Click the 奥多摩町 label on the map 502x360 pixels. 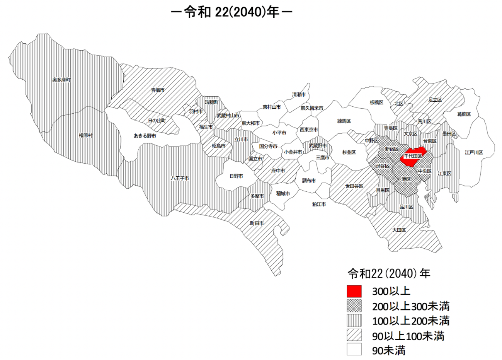(61, 80)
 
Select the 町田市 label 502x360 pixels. (257, 224)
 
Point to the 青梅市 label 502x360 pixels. (158, 90)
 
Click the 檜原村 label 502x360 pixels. (86, 135)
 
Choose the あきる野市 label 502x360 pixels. (145, 136)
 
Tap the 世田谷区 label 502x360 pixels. (354, 186)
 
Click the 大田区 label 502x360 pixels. (399, 230)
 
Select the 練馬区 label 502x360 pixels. (344, 121)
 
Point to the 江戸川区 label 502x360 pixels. (474, 153)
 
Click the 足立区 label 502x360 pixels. (435, 100)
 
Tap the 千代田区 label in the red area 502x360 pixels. (413, 156)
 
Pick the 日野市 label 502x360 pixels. (236, 176)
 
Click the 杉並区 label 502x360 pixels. (349, 153)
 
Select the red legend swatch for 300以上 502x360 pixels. (354, 292)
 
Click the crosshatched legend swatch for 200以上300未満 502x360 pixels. (354, 306)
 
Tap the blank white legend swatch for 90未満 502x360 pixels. (354, 350)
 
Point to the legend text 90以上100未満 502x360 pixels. (408, 336)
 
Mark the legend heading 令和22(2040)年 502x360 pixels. (389, 274)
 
